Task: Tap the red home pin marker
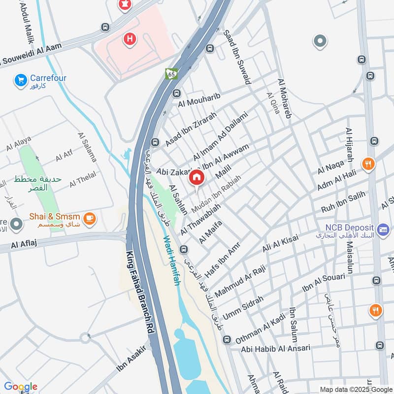[197, 178]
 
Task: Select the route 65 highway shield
[171, 74]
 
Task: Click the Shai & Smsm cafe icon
[89, 218]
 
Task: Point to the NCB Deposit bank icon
[382, 230]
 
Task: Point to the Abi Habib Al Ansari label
[276, 349]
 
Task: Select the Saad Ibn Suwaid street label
[237, 56]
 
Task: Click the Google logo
[20, 387]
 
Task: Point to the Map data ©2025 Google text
[356, 389]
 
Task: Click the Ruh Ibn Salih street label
[343, 201]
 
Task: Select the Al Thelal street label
[83, 179]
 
